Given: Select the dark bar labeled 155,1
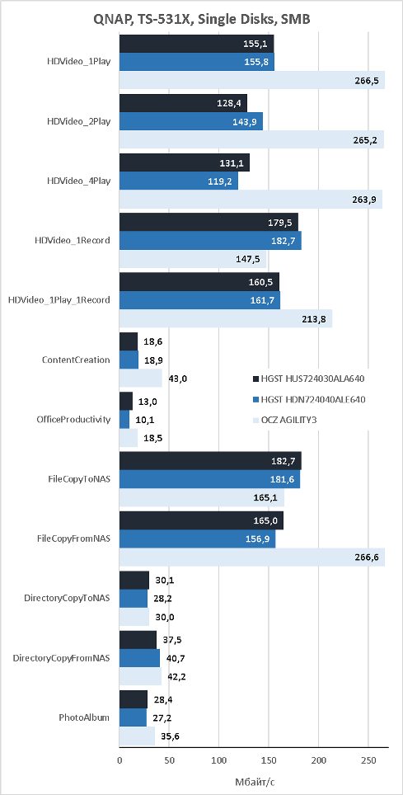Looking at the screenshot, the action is click(197, 44).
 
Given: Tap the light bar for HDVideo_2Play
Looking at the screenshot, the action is click(251, 140).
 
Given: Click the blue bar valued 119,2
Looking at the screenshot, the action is click(179, 181).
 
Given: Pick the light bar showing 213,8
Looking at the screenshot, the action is click(226, 318).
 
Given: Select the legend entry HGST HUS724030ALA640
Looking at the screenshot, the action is click(309, 379).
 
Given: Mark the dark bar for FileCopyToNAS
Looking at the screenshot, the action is click(210, 461).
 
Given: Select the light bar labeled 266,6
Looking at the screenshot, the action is click(252, 557).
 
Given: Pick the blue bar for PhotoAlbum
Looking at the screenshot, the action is click(133, 717).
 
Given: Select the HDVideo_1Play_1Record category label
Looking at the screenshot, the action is click(59, 300).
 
